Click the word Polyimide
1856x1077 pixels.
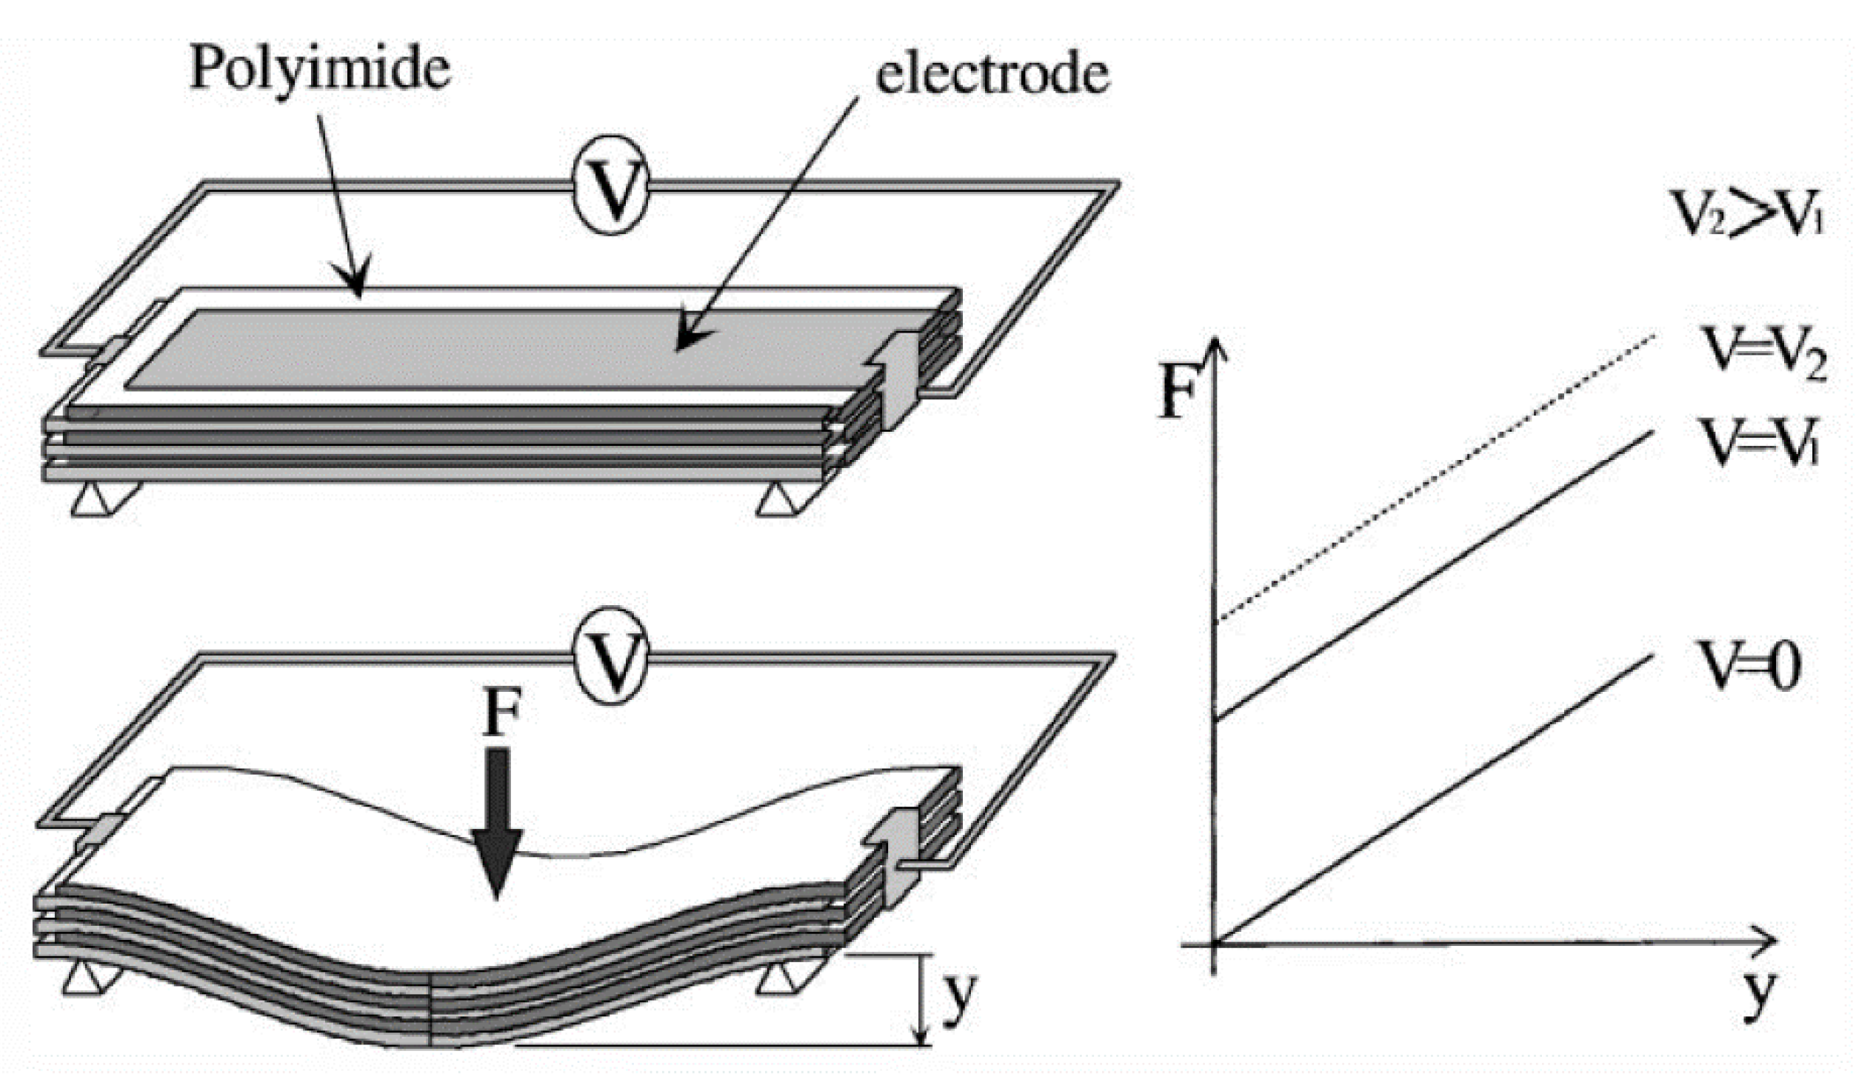coord(320,69)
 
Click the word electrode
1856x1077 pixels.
coord(992,76)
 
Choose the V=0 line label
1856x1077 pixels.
coord(1749,666)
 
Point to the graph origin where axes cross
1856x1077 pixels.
coord(1214,944)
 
